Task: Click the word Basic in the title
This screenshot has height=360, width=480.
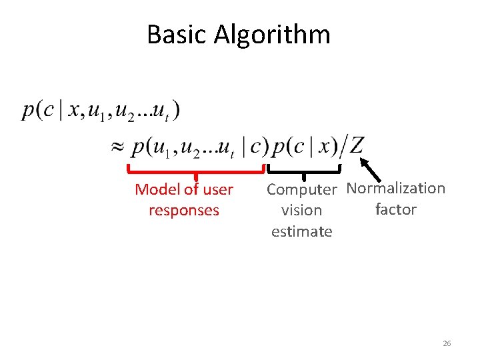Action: [177, 35]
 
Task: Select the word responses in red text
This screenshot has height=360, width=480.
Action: [184, 211]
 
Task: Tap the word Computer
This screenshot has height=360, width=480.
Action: [302, 190]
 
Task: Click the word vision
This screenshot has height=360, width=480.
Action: [301, 211]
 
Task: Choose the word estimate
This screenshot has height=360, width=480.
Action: [301, 232]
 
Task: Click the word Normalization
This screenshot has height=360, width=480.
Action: [396, 189]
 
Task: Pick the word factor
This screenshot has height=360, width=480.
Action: [395, 209]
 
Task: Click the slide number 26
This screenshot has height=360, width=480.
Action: [447, 343]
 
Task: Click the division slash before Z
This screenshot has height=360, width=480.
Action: [343, 145]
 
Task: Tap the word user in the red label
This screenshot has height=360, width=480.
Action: [218, 190]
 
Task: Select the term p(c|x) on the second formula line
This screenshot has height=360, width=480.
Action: [304, 145]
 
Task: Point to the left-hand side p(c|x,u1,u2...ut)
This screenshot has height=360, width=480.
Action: [100, 111]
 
